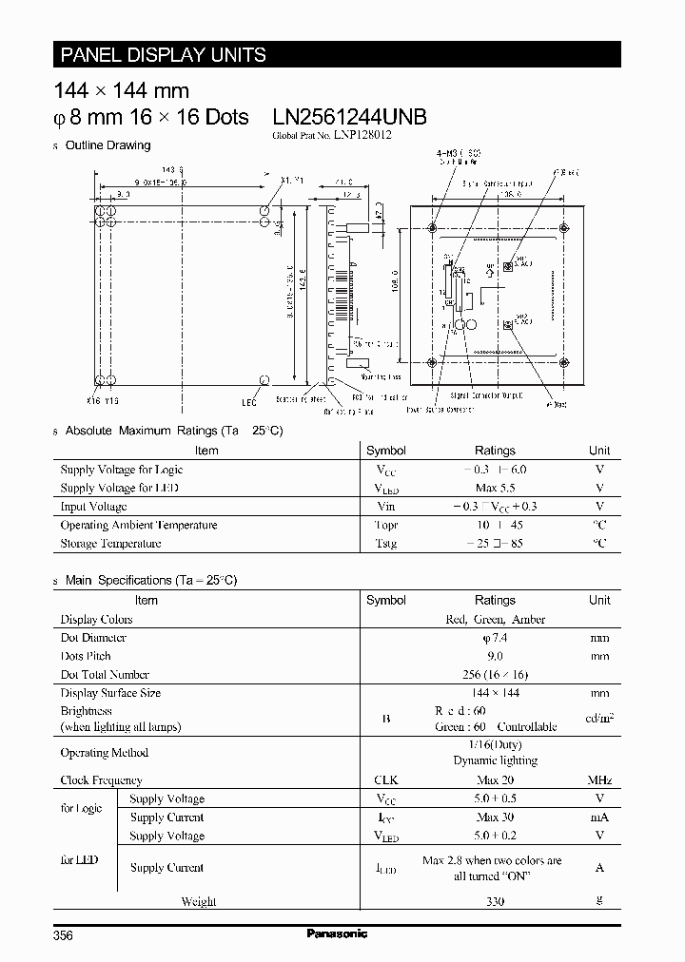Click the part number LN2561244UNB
point(349,117)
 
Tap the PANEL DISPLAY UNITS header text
point(164,55)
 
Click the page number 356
point(64,935)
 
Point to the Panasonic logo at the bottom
point(337,934)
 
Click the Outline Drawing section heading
point(107,145)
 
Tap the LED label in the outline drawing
point(249,403)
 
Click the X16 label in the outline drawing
point(94,400)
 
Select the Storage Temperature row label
point(110,544)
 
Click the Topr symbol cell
point(385,525)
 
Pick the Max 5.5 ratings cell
point(495,488)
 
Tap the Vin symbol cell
point(385,507)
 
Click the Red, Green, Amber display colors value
point(495,619)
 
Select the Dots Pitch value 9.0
point(495,656)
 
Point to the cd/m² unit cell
point(599,718)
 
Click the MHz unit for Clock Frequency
point(599,780)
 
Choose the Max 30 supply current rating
point(495,818)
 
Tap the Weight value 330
point(495,901)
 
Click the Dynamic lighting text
point(495,760)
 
